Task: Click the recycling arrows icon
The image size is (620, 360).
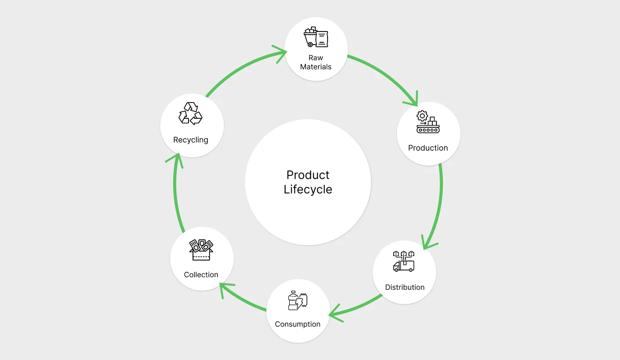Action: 190,113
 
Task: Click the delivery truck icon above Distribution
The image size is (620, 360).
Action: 404,261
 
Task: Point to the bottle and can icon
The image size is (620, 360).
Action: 297,300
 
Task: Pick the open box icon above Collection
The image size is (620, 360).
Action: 201,249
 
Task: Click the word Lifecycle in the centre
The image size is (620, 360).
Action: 308,189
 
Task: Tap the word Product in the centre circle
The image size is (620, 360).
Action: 308,175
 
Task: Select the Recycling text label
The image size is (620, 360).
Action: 191,140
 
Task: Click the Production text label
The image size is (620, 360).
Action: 428,148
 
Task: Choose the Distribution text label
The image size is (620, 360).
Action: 404,287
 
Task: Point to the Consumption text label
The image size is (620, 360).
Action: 297,324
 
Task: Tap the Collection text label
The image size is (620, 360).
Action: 201,274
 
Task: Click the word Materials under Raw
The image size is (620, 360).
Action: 316,67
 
